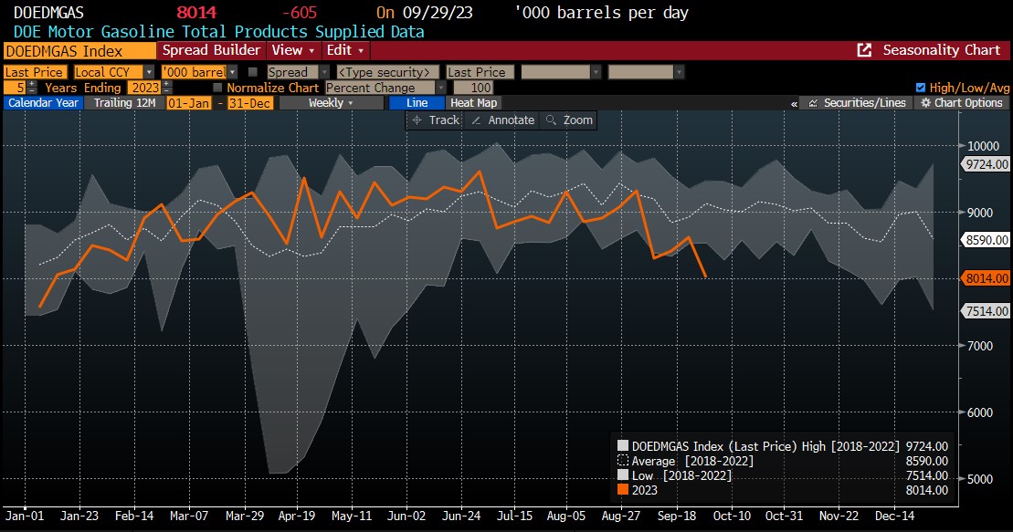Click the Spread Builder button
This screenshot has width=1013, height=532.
coord(211,50)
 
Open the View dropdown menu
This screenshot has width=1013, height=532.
coord(292,50)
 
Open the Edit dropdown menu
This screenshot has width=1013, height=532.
coord(345,50)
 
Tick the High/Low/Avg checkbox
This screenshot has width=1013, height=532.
coord(921,88)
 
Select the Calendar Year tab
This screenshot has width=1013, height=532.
coord(42,103)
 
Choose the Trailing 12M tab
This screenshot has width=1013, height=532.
coord(124,103)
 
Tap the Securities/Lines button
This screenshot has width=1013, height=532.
coord(856,103)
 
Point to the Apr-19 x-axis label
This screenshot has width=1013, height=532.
coord(297,516)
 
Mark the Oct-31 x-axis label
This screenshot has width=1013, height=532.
coord(783,516)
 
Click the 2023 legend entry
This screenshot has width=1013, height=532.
coord(645,490)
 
